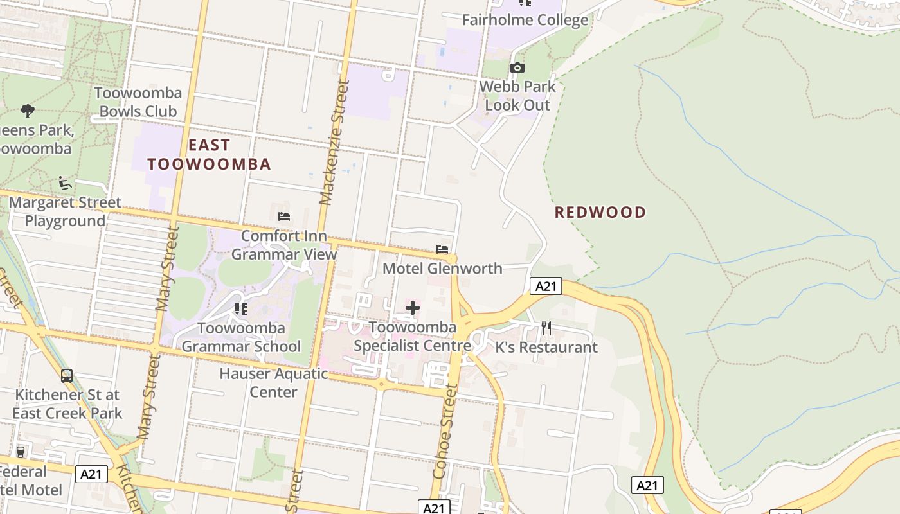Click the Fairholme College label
[525, 20]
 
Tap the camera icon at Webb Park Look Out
[517, 67]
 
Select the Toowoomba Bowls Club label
[138, 102]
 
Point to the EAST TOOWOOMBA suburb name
[209, 154]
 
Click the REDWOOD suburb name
[600, 213]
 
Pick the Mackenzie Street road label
[335, 141]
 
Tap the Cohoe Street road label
[445, 431]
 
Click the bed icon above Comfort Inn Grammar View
[284, 217]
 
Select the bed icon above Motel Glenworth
[442, 249]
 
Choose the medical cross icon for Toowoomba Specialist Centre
[413, 308]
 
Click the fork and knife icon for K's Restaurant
[546, 328]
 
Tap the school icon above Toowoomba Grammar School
[241, 309]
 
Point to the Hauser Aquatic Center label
[274, 382]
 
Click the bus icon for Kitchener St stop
[67, 376]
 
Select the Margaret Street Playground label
[65, 212]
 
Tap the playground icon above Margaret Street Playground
[64, 184]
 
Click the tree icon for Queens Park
[27, 111]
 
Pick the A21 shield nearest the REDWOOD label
[546, 286]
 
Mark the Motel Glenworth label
[442, 269]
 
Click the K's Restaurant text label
[546, 348]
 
